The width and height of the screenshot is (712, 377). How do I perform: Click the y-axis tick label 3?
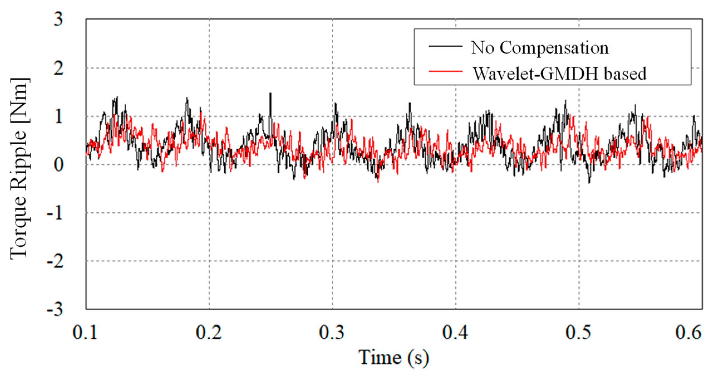58,20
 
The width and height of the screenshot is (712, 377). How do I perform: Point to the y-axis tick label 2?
58,69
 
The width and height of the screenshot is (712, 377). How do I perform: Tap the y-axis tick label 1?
58,117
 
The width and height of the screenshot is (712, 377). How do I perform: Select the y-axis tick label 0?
58,165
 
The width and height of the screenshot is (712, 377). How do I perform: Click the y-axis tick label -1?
55,214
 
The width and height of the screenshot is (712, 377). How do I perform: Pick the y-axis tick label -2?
55,262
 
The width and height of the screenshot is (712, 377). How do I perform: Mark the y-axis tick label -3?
55,310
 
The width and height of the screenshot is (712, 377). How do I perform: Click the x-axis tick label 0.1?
85,333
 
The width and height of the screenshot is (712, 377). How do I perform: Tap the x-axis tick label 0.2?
209,333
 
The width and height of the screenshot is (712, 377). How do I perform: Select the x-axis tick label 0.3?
332,333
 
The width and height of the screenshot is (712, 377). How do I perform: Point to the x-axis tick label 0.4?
455,333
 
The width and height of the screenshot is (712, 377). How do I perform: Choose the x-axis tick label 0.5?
578,333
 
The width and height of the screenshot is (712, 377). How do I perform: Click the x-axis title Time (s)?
393,357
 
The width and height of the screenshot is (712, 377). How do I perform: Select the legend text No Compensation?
539,48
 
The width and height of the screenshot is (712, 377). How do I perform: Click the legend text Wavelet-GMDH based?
560,74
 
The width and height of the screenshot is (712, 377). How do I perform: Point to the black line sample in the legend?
445,46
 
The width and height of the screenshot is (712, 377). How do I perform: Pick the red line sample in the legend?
445,71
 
